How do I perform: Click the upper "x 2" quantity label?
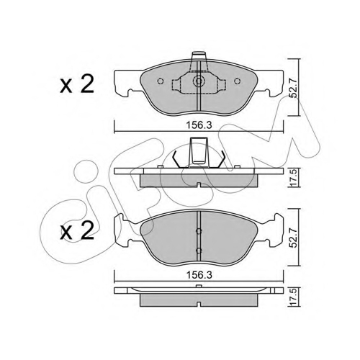tap(77, 85)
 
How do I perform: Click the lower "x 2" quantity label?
tap(77, 230)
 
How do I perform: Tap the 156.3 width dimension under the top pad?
tap(199, 125)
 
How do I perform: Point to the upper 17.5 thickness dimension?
tap(294, 177)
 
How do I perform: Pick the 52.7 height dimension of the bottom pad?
tap(294, 238)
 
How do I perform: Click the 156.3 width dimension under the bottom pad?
tap(199, 275)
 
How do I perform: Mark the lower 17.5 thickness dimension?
tap(294, 297)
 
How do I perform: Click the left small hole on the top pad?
tap(161, 81)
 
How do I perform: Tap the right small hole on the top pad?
tap(237, 81)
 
